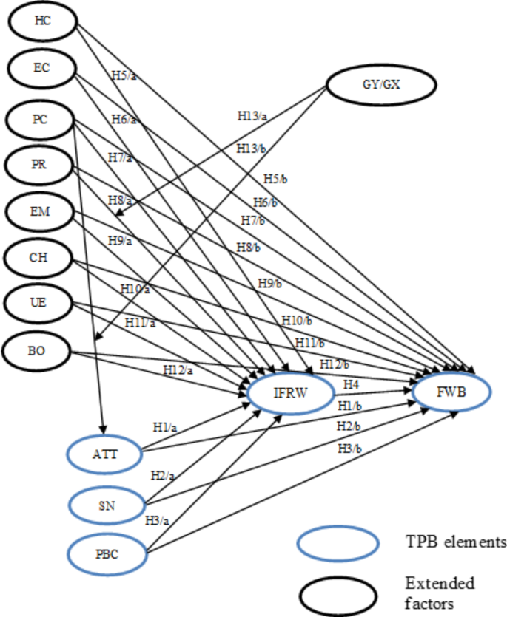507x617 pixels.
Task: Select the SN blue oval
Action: (x=103, y=505)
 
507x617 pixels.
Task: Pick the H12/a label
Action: (x=178, y=369)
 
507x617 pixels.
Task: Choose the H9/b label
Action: (x=271, y=282)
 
